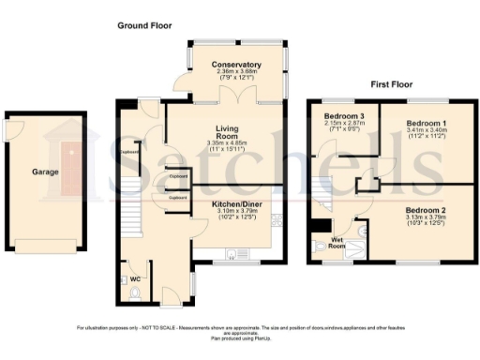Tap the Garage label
click(x=46, y=172)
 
